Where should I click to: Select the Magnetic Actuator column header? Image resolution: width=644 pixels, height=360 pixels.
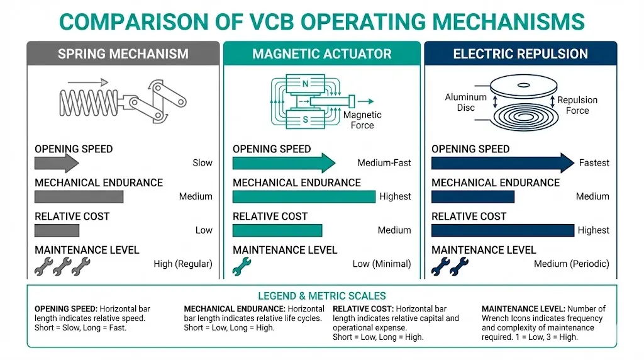pos(321,53)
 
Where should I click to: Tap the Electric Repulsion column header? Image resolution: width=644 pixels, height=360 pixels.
pos(520,53)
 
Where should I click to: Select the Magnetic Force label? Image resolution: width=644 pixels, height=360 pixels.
pos(362,120)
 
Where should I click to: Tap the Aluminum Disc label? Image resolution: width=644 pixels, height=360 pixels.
pos(465,103)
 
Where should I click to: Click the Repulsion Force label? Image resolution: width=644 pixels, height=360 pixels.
pos(577,105)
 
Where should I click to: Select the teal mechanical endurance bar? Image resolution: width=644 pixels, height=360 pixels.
pos(304,196)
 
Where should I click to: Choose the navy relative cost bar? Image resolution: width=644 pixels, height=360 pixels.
pos(502,230)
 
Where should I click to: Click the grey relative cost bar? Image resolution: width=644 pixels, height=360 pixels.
pos(57,230)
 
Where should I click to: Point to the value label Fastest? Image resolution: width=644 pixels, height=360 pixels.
pos(594,163)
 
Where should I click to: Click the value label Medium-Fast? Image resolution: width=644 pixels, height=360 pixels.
pos(384,163)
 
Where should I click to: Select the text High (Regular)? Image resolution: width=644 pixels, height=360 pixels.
pos(183,264)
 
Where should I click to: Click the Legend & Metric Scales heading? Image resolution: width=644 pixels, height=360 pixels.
pos(321,295)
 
